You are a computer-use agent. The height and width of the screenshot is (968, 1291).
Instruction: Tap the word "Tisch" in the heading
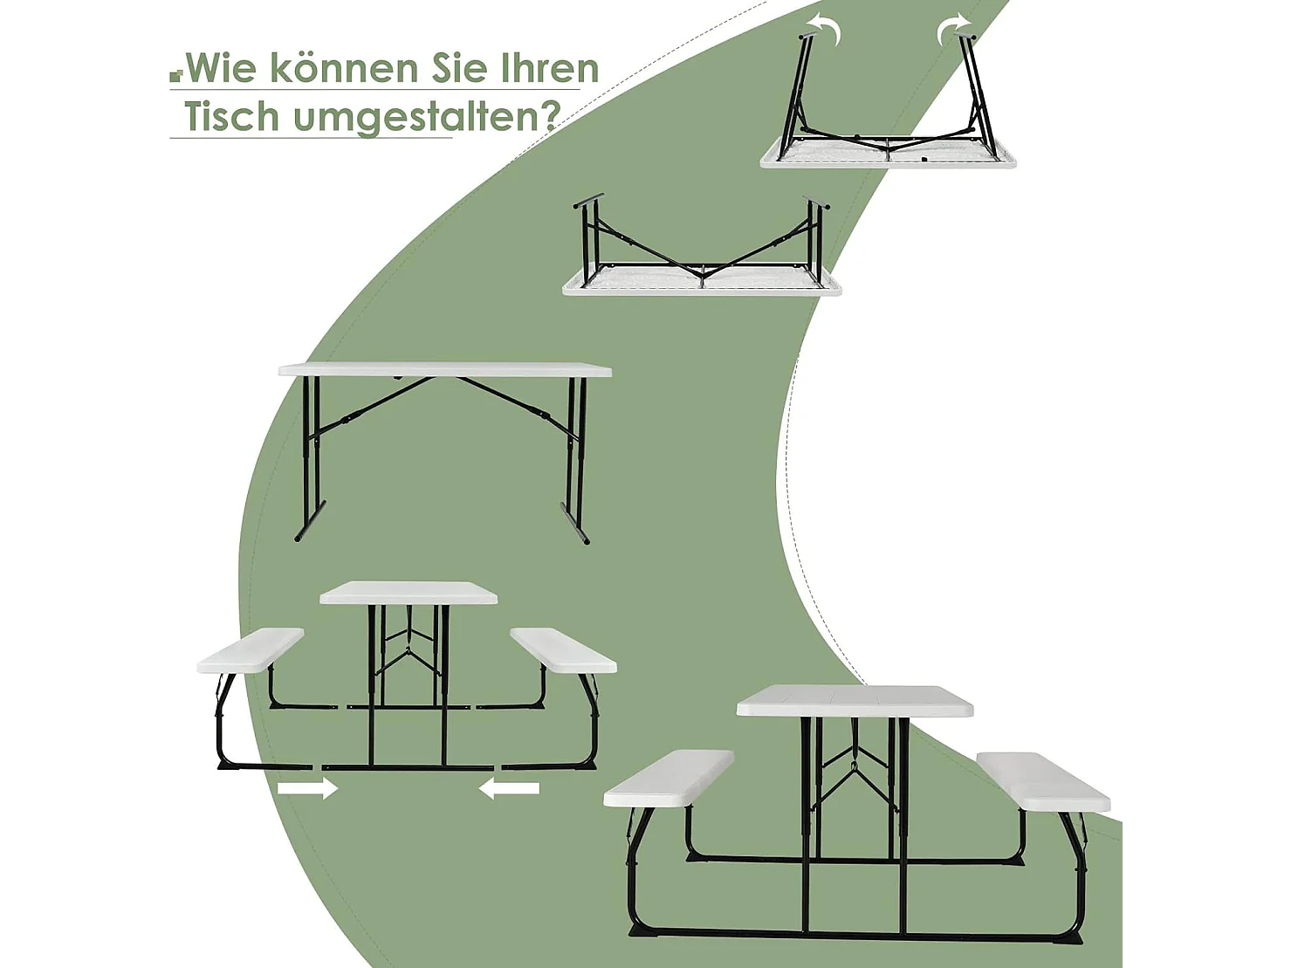(230, 116)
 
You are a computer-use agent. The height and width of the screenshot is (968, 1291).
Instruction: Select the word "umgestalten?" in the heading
(425, 117)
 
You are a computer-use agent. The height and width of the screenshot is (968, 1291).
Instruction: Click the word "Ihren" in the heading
(550, 68)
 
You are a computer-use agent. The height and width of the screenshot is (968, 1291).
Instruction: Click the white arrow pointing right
(307, 788)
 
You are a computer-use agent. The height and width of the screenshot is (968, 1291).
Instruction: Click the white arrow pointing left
(509, 788)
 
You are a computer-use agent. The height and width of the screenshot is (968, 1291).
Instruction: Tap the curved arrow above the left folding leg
(825, 28)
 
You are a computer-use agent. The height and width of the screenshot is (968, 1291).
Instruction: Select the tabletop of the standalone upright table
(445, 370)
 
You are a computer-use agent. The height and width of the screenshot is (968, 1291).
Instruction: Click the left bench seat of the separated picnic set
(251, 650)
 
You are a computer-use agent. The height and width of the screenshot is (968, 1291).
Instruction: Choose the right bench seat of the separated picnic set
(563, 650)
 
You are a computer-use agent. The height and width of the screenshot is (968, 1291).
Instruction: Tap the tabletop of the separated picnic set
(409, 593)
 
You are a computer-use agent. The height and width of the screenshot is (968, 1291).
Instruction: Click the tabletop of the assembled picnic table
(855, 701)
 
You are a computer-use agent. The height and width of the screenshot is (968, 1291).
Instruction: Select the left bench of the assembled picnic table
(669, 777)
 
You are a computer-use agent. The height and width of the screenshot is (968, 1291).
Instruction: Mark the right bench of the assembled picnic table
(1043, 780)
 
